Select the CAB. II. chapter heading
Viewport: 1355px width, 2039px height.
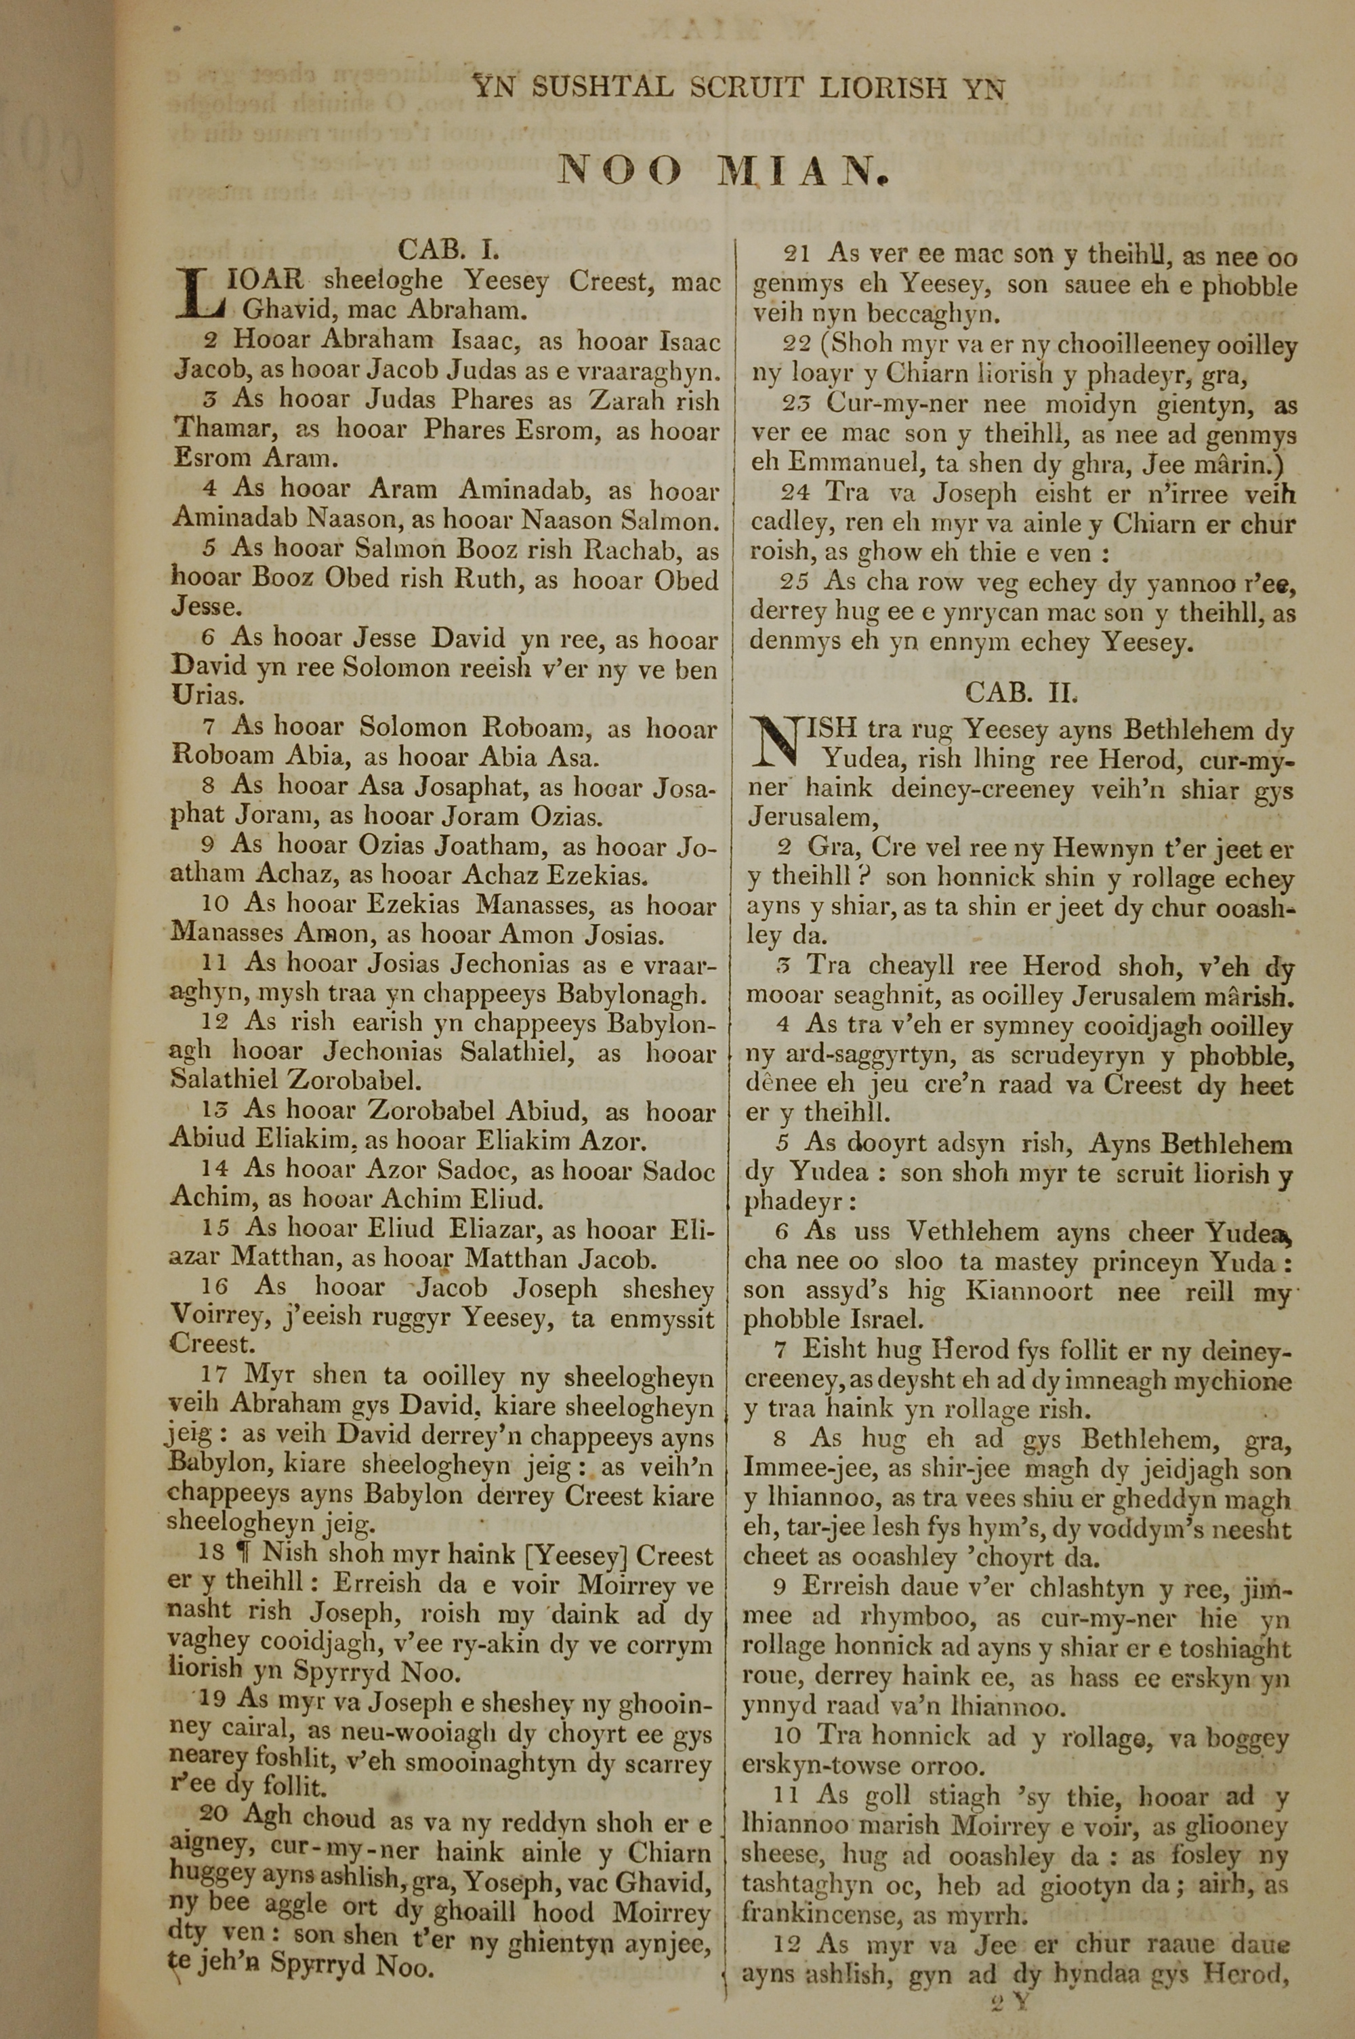pos(1022,691)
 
